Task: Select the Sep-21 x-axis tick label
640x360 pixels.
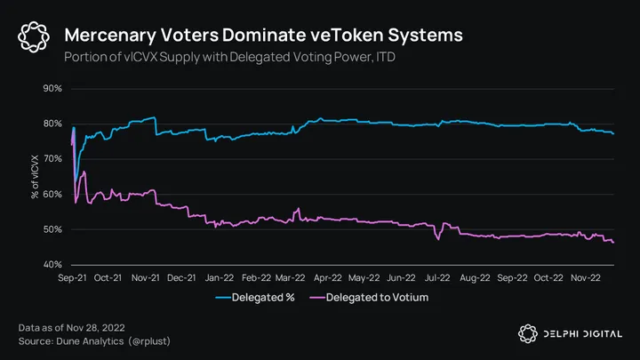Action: point(71,277)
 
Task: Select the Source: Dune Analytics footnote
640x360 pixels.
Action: point(92,341)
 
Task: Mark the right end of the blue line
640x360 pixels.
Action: point(613,132)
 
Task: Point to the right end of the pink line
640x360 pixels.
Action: point(613,243)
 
